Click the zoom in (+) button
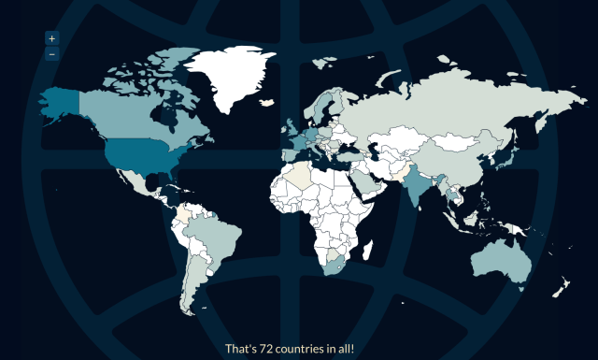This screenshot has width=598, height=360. pos(51,38)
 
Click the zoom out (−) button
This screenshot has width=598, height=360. pos(51,53)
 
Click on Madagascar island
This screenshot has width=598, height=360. pos(367,251)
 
